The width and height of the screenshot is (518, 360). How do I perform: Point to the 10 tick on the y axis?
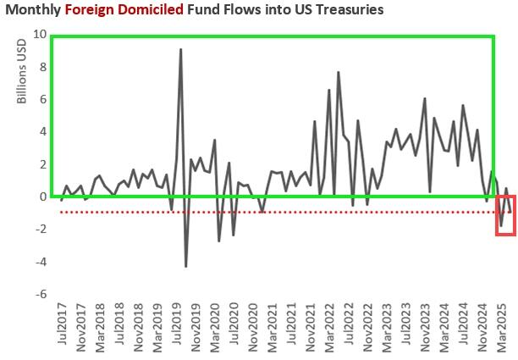39,34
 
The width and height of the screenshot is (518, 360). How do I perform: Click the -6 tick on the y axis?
39,294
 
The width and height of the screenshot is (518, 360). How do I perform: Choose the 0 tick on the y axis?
41,197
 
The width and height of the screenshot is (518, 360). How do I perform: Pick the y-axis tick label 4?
41,131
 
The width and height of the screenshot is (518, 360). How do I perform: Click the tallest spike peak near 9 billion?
180,49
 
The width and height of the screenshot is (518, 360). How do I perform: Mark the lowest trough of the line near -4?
186,266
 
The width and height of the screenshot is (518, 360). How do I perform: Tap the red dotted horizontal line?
254,212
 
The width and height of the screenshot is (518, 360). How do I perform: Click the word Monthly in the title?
32,10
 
